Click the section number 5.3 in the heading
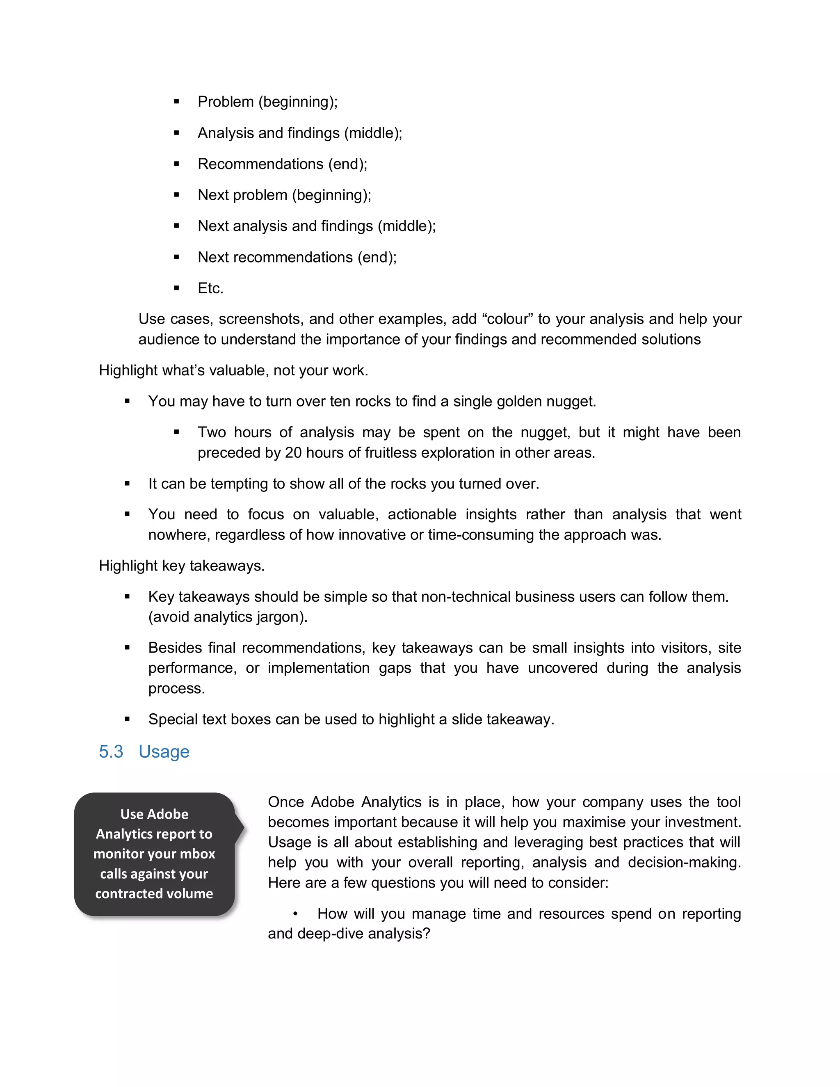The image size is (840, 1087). pos(110,751)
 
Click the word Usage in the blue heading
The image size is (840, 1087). pos(164,751)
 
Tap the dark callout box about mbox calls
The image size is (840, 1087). pos(154,854)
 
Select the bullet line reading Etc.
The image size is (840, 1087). pos(210,288)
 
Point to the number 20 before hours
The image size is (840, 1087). pos(293,453)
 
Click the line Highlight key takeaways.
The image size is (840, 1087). pos(182,566)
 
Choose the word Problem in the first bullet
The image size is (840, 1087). pos(226,102)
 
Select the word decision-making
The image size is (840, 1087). pos(684,863)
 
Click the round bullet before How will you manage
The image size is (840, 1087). pos(295,914)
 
